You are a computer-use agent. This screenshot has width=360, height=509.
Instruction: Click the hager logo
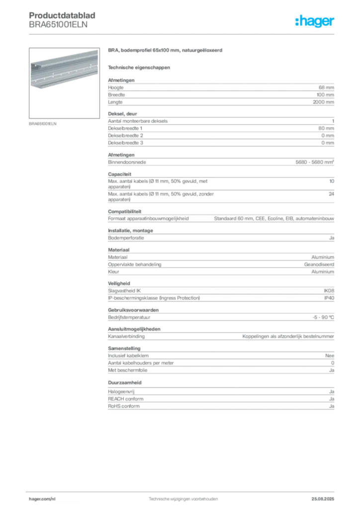pos(315,21)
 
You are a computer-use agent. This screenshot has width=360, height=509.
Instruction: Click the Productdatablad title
pos(62,15)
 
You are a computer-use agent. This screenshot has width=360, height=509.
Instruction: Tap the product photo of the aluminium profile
pos(64,83)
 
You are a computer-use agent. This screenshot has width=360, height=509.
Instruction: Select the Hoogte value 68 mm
pos(326,87)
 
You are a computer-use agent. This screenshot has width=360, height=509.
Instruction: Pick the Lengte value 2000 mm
pos(323,102)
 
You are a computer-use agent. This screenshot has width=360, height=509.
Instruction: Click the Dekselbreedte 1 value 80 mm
pos(326,128)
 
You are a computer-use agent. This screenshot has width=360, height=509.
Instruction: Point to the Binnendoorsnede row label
pos(127,162)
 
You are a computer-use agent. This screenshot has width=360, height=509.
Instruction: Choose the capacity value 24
pos(332,194)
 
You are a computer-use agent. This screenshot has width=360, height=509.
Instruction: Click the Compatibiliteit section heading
pos(125,211)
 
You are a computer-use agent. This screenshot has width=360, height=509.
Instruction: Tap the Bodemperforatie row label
pos(126,238)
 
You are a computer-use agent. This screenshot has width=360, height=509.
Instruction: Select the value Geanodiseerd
pos(319,264)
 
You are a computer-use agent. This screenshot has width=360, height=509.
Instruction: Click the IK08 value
pos(329,291)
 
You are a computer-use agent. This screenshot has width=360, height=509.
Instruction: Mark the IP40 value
pos(329,298)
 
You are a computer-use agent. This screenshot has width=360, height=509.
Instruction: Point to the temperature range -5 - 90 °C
pos(323,318)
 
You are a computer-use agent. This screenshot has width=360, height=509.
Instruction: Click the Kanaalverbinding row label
pos(126,337)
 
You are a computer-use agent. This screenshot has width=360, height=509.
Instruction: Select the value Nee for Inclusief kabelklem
pos(330,356)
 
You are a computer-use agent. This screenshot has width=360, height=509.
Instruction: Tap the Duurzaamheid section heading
pos(125,382)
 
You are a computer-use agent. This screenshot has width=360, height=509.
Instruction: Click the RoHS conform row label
pos(124,406)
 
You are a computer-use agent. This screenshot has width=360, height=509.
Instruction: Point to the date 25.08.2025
pos(323,499)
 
